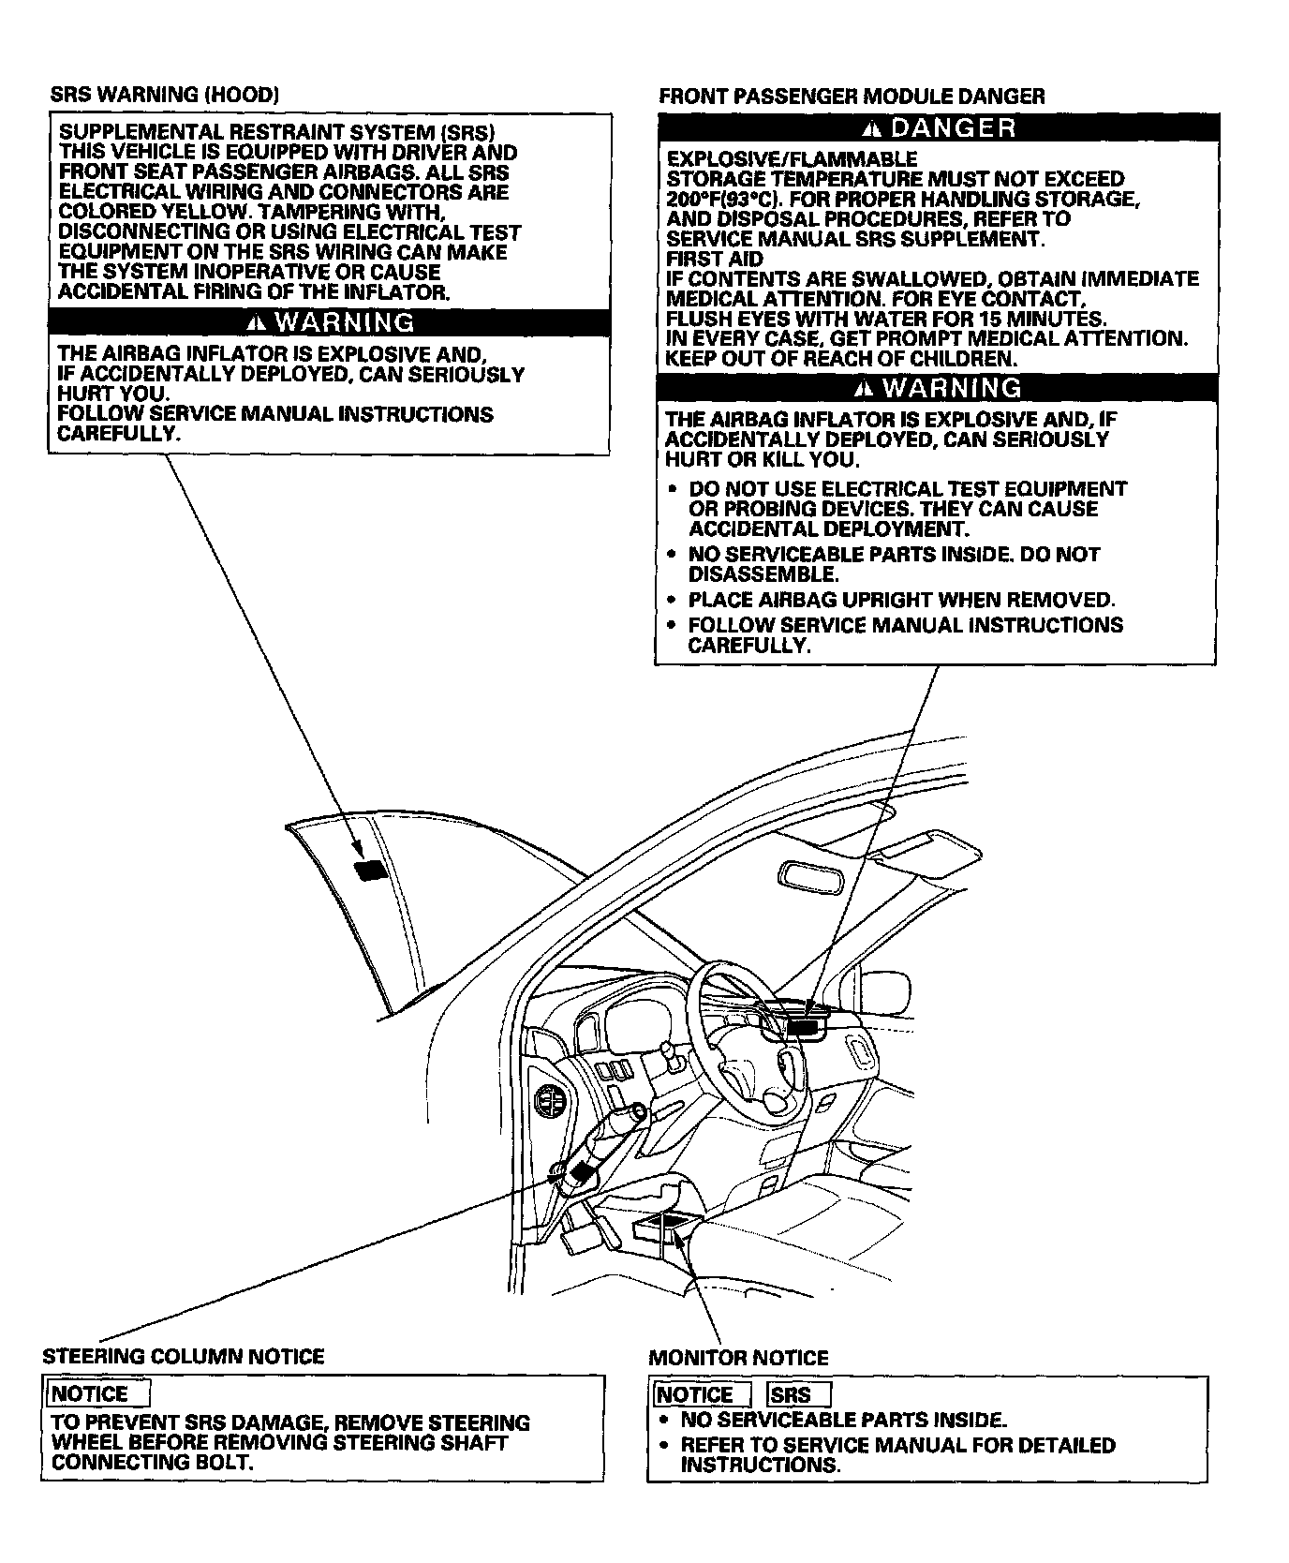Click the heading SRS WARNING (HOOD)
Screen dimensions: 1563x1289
coord(164,95)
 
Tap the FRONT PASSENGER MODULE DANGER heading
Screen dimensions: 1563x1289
coord(852,96)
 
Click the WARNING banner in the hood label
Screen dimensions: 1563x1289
coord(329,322)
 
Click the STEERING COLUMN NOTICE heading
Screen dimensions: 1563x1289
coord(184,1356)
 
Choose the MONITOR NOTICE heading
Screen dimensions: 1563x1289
coord(738,1358)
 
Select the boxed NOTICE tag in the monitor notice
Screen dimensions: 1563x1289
coord(700,1394)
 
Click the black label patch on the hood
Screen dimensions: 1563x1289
coord(369,871)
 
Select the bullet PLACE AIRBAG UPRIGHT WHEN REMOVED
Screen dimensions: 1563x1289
coord(901,600)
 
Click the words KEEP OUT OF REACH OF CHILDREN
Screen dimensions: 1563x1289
coord(840,359)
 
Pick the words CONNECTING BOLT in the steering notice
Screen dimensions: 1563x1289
coord(153,1463)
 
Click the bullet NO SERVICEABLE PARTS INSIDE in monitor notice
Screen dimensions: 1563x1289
coord(843,1421)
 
